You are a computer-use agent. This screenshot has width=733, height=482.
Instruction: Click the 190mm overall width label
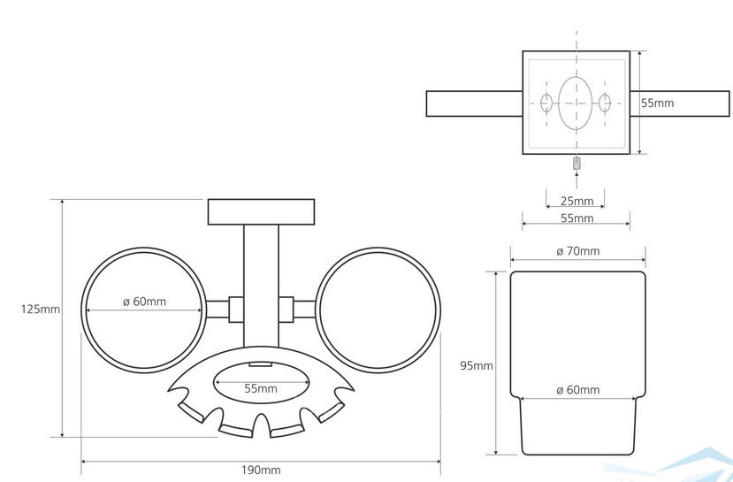pos(262,470)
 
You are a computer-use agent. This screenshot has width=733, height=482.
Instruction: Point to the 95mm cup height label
pos(477,365)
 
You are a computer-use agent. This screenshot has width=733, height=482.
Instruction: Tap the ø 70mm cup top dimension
pos(577,252)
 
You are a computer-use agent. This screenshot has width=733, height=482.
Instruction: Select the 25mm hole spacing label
pos(576,200)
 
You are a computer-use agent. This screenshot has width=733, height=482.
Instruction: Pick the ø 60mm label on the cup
pos(577,390)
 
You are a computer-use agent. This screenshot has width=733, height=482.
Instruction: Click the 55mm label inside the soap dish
pos(261,388)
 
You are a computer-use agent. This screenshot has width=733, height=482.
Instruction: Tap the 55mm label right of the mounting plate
pos(657,103)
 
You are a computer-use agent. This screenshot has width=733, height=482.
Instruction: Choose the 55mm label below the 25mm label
pos(576,218)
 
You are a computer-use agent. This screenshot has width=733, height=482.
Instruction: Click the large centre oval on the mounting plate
pos(576,103)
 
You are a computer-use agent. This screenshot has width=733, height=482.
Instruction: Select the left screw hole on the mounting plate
pos(546,103)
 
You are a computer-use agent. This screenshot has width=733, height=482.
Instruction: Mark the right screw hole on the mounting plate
pos(606,103)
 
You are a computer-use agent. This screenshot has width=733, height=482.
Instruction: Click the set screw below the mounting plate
pos(576,164)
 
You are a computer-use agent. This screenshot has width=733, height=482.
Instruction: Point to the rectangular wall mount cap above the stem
pos(261,212)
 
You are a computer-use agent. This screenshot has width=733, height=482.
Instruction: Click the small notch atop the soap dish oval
pos(260,364)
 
